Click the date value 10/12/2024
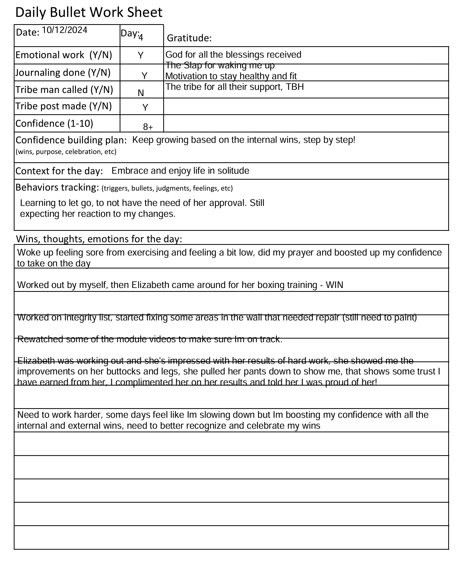[65, 30]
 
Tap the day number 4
[141, 37]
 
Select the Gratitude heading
[189, 38]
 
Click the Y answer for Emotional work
[140, 55]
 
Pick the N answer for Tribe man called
[141, 93]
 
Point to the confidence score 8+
[148, 127]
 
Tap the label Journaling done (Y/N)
[63, 73]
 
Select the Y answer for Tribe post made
[145, 107]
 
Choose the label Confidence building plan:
[71, 140]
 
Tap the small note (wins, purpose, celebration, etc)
[66, 152]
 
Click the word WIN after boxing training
[334, 285]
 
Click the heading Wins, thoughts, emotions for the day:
[99, 239]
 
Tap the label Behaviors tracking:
[57, 187]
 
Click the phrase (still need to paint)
[380, 318]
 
